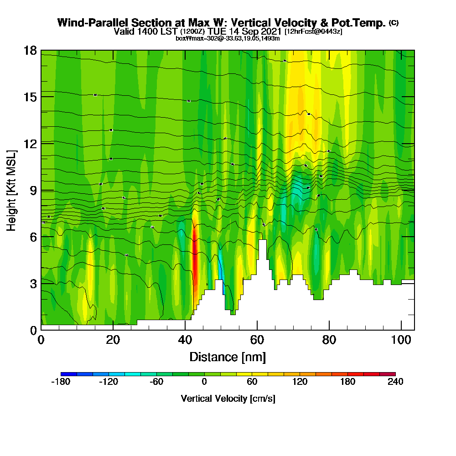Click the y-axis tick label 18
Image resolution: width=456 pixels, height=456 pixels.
tap(30, 50)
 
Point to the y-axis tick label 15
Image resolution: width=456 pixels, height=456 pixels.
tap(30, 97)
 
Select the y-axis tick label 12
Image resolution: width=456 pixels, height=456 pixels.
tap(30, 144)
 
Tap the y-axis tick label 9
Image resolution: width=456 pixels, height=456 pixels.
tap(33, 190)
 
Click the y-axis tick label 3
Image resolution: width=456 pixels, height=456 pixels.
tap(33, 283)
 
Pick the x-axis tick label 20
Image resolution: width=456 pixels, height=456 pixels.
tap(113, 340)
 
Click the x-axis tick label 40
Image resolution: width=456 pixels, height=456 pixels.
tap(185, 340)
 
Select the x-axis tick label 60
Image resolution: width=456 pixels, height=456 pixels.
tap(257, 340)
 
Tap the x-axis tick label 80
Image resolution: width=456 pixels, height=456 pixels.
tap(329, 340)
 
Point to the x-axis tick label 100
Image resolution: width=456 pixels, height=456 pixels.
tap(401, 340)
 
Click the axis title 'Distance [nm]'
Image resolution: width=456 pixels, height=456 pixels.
tap(228, 357)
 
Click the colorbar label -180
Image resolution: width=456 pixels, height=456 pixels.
tap(61, 382)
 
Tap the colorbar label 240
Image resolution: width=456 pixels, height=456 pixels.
tap(395, 382)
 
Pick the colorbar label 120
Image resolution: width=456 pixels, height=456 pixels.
tap(300, 382)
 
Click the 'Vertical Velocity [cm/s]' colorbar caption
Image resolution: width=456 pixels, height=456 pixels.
tap(228, 399)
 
